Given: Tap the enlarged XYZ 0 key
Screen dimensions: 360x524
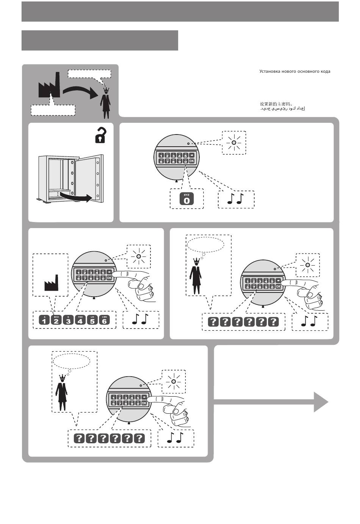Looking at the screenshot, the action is point(186,199).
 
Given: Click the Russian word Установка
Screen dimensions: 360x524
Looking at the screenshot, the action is point(270,71).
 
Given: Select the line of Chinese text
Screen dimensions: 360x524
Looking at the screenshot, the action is point(276,103).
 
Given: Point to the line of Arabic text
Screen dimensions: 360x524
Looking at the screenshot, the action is point(282,109).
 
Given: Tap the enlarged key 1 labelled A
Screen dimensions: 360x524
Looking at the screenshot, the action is point(44,320).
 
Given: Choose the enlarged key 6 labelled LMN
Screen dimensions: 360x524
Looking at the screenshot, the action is point(104,320).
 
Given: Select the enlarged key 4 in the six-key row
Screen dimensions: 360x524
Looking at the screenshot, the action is point(80,320).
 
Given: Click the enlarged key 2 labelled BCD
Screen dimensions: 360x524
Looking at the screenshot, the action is point(56,320).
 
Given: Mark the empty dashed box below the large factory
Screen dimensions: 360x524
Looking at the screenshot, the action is point(53,109).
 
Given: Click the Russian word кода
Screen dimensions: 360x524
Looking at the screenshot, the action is point(325,71).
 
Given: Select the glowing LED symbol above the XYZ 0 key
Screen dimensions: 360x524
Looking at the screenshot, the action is point(234,143).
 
